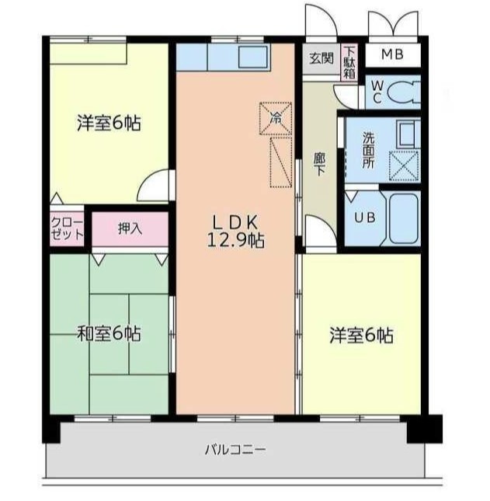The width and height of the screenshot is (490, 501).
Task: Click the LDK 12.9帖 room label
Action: tap(236, 231)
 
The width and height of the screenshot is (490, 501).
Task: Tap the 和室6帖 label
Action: tap(109, 333)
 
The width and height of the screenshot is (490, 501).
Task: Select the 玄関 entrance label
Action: tap(321, 58)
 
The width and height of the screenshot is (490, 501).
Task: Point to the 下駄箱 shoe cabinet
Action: tap(349, 62)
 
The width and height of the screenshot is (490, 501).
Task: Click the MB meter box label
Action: tap(393, 54)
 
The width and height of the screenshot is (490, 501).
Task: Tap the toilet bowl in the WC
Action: tap(404, 92)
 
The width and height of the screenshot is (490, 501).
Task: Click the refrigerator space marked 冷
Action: tap(276, 118)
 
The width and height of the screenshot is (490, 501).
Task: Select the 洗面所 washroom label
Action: tap(368, 150)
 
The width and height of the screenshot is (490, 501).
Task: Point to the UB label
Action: tap(365, 217)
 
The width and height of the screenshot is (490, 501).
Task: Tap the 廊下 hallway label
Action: tap(319, 164)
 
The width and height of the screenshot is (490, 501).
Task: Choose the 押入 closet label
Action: tap(130, 228)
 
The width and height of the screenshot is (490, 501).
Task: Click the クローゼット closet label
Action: tap(67, 229)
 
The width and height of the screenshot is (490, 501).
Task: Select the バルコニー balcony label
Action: tap(235, 450)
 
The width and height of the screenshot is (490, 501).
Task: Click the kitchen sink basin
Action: tap(252, 57)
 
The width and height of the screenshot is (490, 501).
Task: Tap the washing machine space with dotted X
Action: tap(404, 166)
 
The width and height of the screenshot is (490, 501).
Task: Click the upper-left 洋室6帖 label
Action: tap(109, 123)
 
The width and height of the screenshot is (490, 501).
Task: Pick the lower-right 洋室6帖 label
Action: tap(361, 336)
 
